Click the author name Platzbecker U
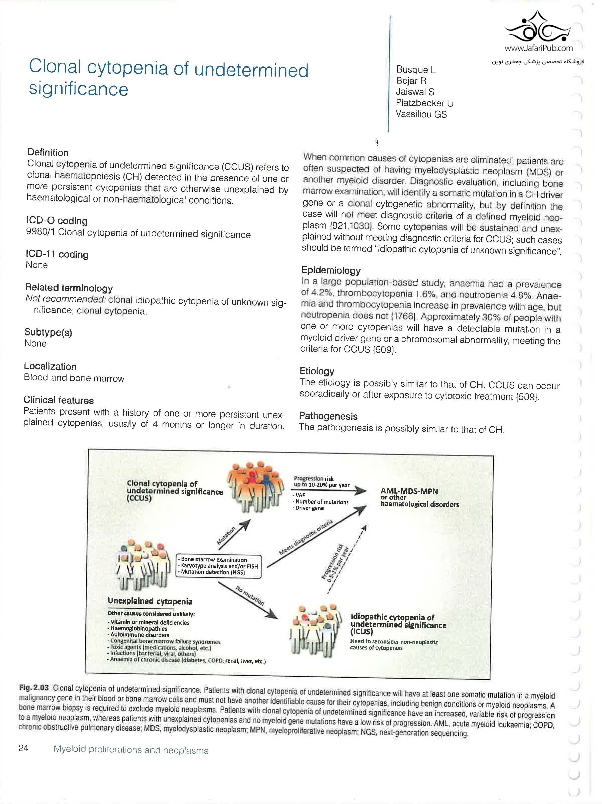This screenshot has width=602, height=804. point(424,103)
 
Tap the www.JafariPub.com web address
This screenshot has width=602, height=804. point(538,48)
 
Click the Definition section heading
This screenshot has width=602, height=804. point(47,152)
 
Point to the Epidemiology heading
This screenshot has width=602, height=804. point(331,270)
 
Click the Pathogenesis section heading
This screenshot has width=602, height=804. point(328,416)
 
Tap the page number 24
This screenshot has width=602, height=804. point(23,748)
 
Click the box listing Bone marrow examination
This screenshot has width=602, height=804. point(219,566)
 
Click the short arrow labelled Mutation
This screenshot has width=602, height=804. point(233,535)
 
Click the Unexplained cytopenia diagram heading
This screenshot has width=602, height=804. point(150,601)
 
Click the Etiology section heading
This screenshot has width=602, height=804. point(317,371)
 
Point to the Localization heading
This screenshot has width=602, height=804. point(50,366)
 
